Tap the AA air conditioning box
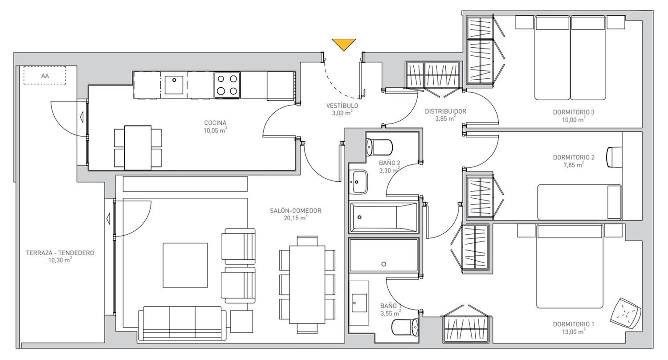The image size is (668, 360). [45, 75]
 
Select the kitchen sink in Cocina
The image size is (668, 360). [174, 85]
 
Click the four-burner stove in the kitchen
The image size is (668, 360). [227, 85]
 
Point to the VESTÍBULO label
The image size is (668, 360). [342, 106]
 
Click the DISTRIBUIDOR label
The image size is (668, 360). [445, 111]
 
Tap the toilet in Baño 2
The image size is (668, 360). [379, 147]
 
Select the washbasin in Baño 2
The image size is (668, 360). [358, 182]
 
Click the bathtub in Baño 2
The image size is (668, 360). [383, 217]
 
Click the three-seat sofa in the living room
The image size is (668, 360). [182, 323]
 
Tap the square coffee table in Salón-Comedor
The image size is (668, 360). [185, 265]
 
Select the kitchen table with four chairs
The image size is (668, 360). [138, 147]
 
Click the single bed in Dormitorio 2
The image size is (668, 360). [579, 202]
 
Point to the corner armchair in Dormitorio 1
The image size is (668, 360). [625, 313]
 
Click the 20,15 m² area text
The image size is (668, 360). [295, 218]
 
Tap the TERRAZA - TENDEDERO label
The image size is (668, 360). [60, 253]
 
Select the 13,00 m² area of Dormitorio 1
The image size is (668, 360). [574, 331]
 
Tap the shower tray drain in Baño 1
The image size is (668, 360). [383, 264]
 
